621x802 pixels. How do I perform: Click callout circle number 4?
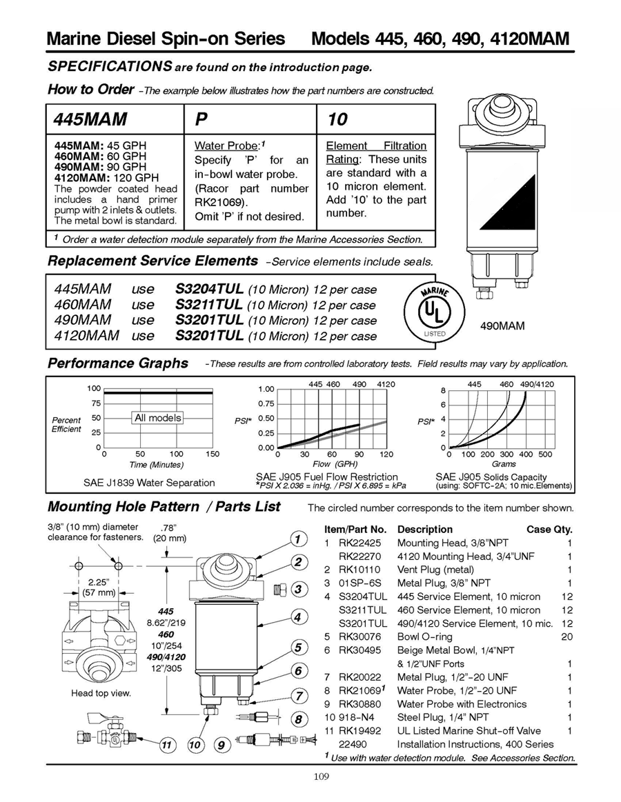(298, 617)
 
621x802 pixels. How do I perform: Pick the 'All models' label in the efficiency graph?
(158, 418)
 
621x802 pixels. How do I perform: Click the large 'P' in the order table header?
(201, 119)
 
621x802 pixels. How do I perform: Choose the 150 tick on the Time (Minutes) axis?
(213, 454)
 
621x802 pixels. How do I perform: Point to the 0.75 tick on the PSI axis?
(266, 403)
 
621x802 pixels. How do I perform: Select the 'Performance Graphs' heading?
(117, 363)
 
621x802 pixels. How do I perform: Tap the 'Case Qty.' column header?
(549, 530)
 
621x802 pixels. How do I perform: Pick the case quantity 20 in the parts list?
(566, 636)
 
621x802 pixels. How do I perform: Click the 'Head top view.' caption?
(101, 693)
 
